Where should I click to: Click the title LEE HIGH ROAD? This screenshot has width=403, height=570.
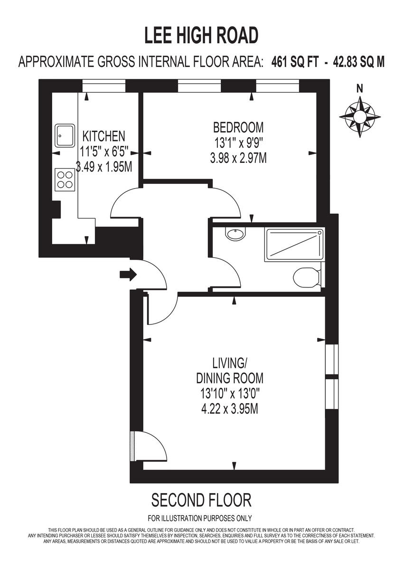click(x=201, y=36)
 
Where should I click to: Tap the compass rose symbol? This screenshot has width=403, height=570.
click(x=360, y=116)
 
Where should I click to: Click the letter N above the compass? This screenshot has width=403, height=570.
click(x=360, y=88)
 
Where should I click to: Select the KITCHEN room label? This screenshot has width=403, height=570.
click(x=104, y=136)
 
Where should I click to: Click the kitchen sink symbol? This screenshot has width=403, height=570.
click(x=65, y=135)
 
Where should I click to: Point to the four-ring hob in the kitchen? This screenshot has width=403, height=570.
click(x=66, y=180)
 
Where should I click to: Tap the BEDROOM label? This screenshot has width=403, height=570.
click(x=238, y=127)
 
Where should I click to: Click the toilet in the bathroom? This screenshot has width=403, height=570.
click(x=304, y=277)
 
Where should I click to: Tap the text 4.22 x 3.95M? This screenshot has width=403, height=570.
click(x=230, y=408)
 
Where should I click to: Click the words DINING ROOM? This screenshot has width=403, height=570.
click(x=230, y=379)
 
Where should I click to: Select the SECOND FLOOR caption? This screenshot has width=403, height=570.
click(x=201, y=500)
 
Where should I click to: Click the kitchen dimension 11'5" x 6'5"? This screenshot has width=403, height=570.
click(x=104, y=152)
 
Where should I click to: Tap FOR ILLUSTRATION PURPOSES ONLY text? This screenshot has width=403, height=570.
click(x=200, y=518)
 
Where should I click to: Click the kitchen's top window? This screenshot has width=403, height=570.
click(x=104, y=85)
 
